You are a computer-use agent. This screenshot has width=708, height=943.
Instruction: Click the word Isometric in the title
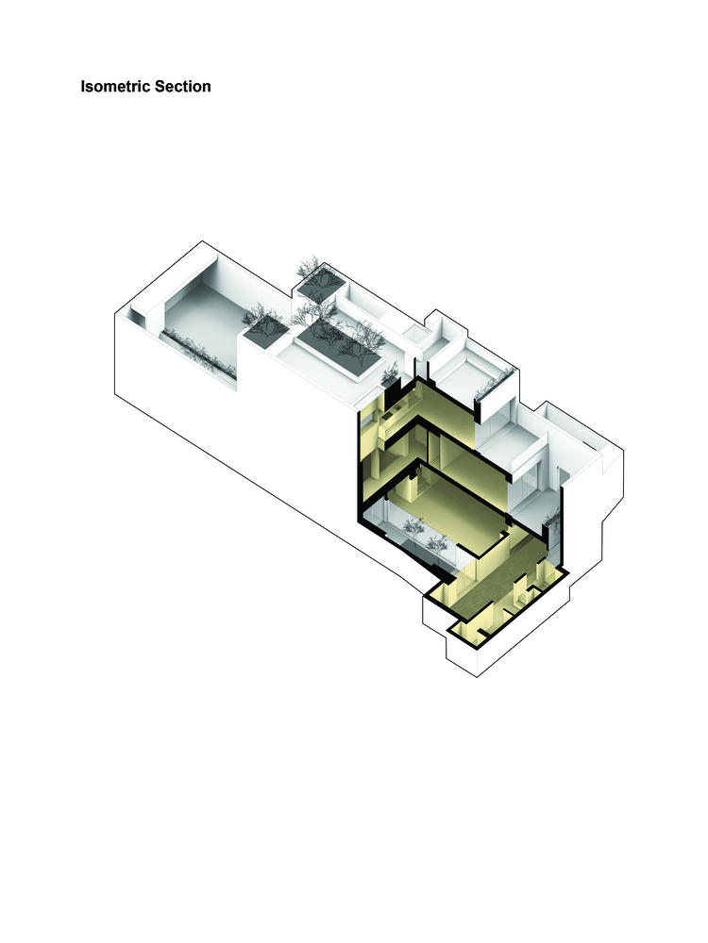(115, 87)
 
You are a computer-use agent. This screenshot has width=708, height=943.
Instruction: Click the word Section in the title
(183, 87)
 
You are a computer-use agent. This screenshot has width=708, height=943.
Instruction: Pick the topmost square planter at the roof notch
(320, 280)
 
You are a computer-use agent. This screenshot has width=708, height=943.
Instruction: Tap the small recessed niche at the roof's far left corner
(138, 315)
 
